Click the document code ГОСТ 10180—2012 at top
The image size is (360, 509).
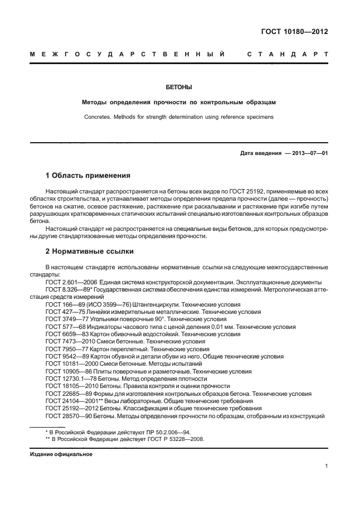point(294,32)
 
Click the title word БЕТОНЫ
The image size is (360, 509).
point(179,88)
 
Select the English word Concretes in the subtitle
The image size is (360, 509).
point(99,117)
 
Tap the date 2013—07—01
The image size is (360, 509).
point(307,153)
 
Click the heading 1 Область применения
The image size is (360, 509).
point(88,175)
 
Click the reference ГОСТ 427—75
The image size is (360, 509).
point(64,312)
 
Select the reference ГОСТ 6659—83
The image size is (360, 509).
point(66,335)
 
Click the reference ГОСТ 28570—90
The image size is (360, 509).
point(68,416)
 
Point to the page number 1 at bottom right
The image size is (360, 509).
point(325,468)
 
